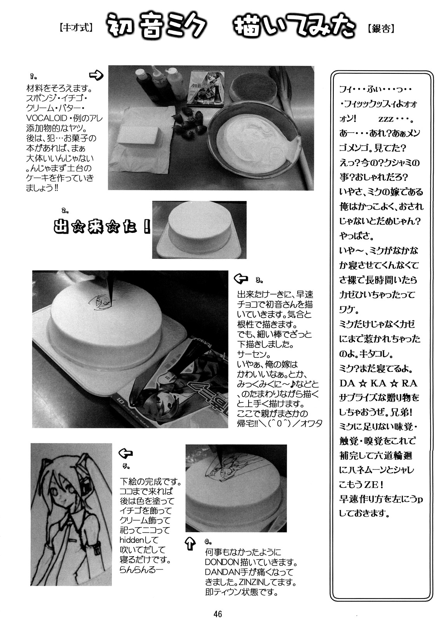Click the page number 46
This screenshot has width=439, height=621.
(218, 614)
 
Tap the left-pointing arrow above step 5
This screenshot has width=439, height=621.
(125, 454)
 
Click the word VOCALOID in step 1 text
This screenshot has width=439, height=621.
(47, 118)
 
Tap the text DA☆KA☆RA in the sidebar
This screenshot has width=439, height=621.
(378, 383)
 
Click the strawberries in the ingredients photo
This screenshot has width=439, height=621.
(189, 122)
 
